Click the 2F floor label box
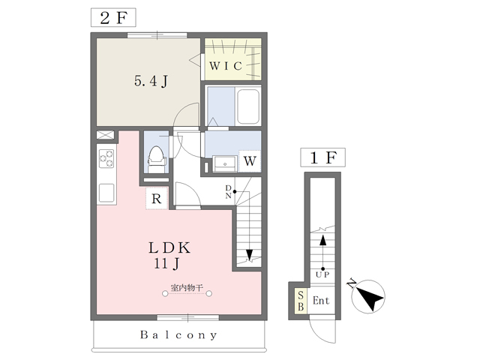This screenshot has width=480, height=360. point(113,18)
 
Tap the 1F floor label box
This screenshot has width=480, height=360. point(323,157)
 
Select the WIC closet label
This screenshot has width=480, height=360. point(226,66)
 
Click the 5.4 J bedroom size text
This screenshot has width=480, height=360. point(151,82)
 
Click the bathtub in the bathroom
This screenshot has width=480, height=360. point(248,106)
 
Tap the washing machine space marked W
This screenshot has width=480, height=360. point(250,160)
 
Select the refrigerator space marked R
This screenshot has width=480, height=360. point(157,198)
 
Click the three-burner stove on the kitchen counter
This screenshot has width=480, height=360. point(106,158)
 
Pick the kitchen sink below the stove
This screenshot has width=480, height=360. point(106,193)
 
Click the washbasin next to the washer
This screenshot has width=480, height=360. point(225,163)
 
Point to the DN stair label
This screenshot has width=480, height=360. point(228,192)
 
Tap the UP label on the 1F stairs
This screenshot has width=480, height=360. point(322,274)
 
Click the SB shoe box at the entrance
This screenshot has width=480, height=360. point(301,301)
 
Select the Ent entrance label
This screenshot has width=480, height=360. point(321,301)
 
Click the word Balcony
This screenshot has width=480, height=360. point(178,334)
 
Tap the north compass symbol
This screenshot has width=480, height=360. point(368,296)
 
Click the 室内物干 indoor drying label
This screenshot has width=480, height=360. point(187,288)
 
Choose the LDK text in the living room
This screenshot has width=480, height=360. point(169,248)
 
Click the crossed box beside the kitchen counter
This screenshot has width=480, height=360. point(105,135)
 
